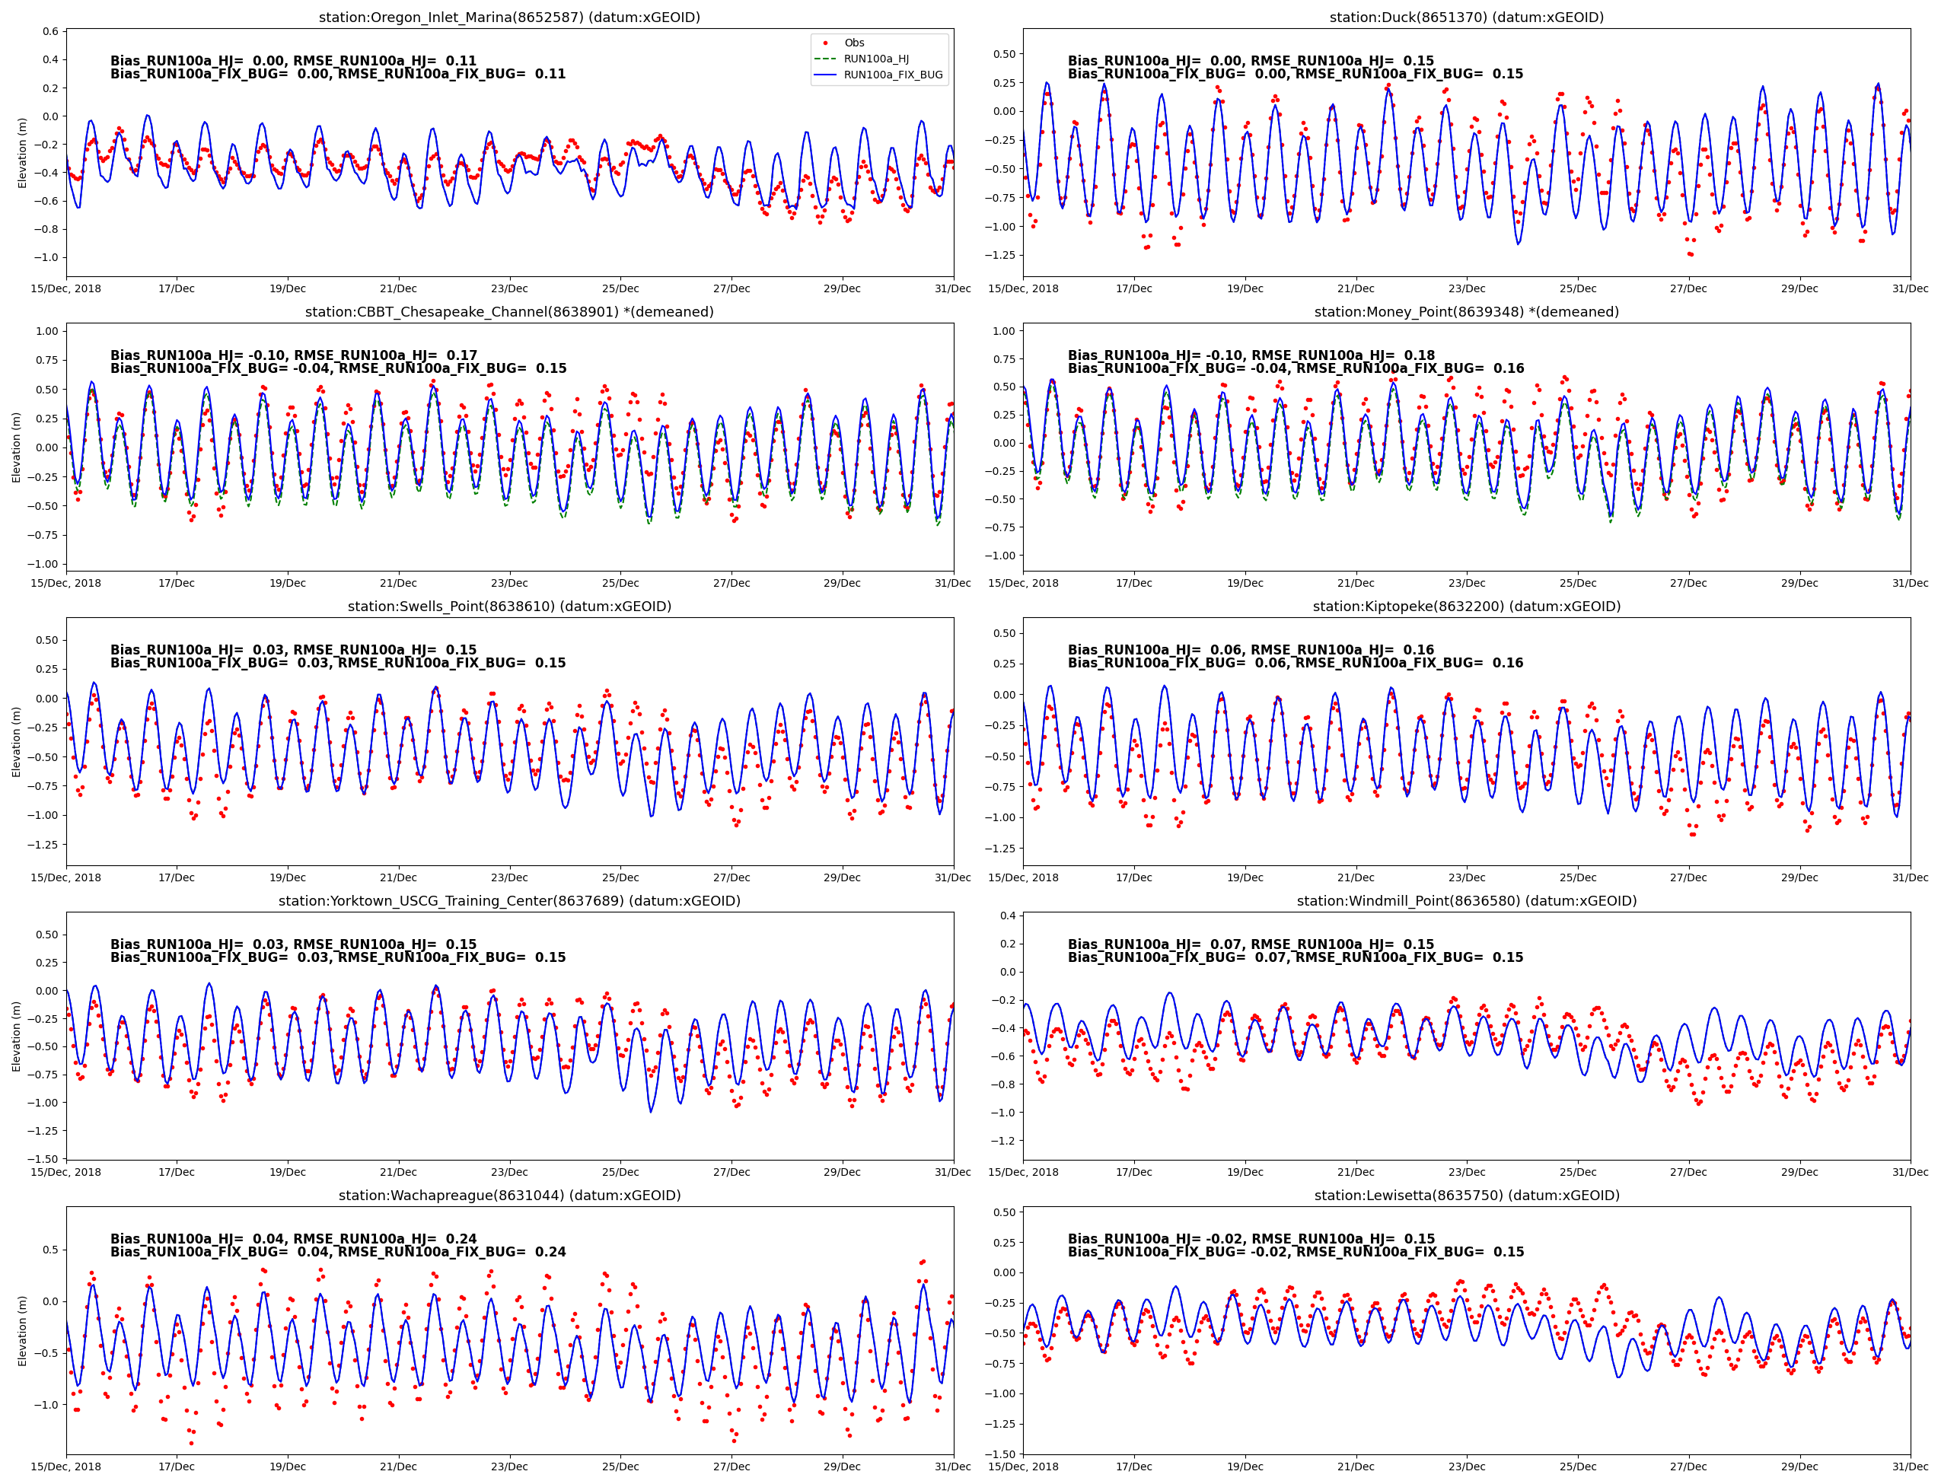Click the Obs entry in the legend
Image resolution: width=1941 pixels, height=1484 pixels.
pyautogui.click(x=853, y=43)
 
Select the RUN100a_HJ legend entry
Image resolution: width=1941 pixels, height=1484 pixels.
pyautogui.click(x=875, y=59)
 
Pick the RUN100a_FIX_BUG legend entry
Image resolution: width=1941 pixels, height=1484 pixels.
pyautogui.click(x=892, y=75)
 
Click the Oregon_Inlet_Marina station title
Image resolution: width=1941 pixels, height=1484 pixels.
pyautogui.click(x=509, y=18)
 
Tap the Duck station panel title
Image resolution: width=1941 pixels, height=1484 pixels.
pyautogui.click(x=1466, y=18)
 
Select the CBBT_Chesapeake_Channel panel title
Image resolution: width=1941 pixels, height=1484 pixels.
pyautogui.click(x=509, y=312)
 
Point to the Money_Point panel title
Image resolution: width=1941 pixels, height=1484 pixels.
pyautogui.click(x=1466, y=312)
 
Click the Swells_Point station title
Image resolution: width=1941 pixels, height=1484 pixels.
pyautogui.click(x=509, y=607)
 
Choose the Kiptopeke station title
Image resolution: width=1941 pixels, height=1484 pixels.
pyautogui.click(x=1466, y=607)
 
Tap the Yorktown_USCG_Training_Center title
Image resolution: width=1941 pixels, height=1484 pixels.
pyautogui.click(x=509, y=901)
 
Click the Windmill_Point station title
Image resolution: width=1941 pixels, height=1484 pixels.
pyautogui.click(x=1466, y=901)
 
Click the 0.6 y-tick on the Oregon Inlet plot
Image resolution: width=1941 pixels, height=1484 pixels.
pyautogui.click(x=50, y=32)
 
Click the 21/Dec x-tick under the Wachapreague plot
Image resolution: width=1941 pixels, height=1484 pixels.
pyautogui.click(x=398, y=1467)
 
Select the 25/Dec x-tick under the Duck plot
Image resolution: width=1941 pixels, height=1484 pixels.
pyautogui.click(x=1577, y=289)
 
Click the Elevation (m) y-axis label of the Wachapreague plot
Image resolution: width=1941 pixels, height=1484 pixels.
pyautogui.click(x=22, y=1330)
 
